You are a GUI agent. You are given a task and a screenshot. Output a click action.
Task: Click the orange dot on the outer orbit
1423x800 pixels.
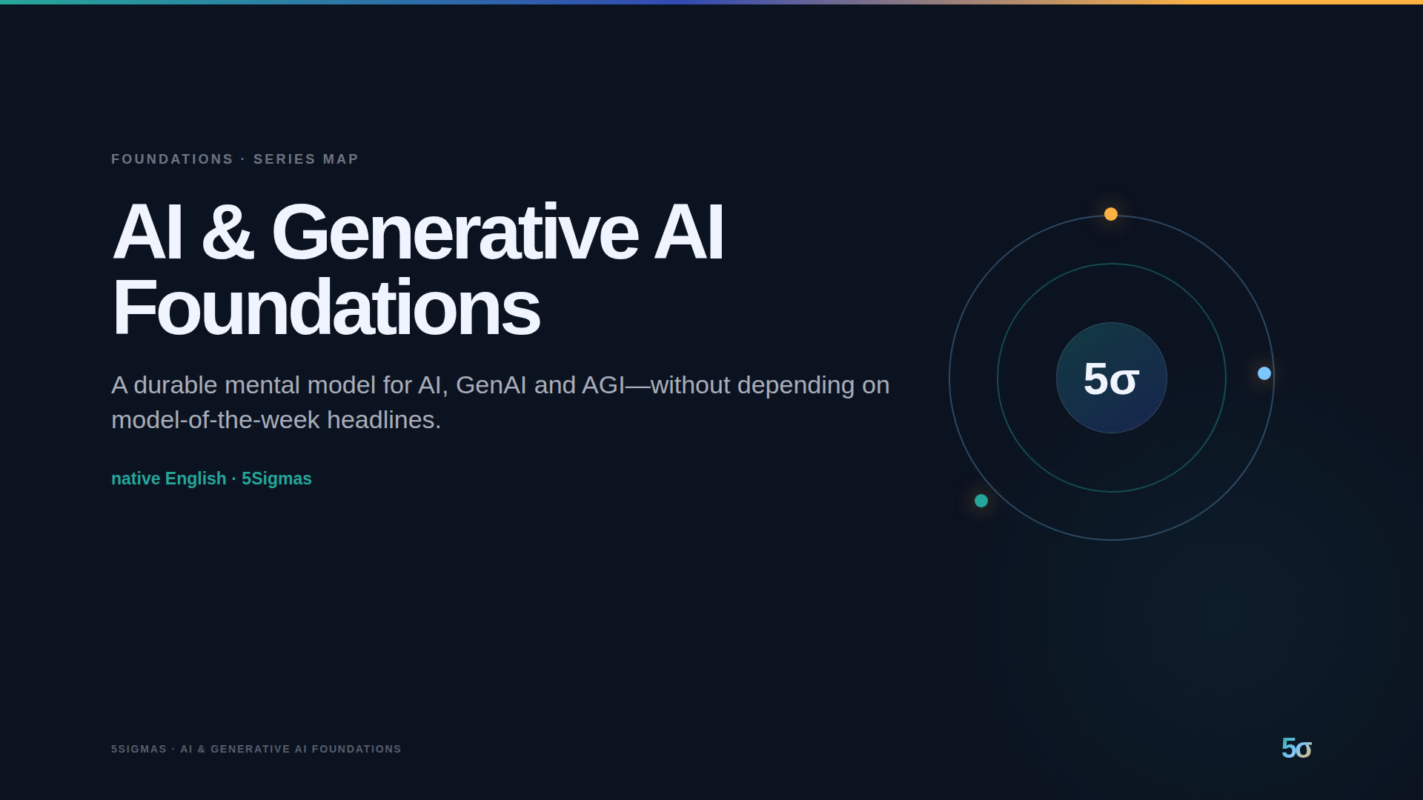point(1111,214)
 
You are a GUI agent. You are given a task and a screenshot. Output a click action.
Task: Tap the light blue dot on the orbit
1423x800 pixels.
point(1264,373)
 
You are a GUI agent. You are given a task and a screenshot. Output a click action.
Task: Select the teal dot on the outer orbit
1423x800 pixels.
point(981,501)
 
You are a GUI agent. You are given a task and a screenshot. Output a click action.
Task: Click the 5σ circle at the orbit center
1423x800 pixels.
point(1112,378)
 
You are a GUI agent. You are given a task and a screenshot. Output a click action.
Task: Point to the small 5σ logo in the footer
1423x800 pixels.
point(1296,748)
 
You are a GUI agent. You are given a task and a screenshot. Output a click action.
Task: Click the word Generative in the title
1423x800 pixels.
point(455,233)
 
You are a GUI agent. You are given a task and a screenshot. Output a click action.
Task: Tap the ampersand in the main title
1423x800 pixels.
point(228,233)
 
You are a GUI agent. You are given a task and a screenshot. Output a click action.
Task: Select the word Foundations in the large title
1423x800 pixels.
point(326,308)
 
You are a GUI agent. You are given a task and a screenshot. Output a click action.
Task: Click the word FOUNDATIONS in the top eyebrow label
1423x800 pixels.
point(172,159)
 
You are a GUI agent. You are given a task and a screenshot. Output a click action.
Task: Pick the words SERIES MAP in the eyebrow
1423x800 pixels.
point(306,159)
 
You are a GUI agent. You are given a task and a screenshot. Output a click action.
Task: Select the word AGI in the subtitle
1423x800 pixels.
point(603,385)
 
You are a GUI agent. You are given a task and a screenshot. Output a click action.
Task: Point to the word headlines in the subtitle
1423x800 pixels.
point(384,420)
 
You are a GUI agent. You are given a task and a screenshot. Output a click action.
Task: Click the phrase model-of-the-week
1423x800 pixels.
point(216,420)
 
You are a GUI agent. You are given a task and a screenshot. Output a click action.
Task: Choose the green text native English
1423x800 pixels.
point(169,479)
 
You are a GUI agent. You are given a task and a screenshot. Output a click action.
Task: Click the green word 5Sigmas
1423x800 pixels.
point(276,479)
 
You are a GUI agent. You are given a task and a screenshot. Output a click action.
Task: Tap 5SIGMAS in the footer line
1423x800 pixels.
point(139,749)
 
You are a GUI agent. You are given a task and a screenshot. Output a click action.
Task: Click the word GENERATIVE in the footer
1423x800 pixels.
point(251,749)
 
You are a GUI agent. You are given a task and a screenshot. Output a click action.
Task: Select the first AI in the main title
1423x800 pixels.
point(147,233)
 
